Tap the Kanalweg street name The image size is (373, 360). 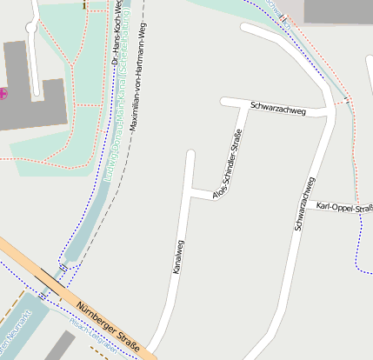[179, 258]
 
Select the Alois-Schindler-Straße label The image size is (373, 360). [229, 163]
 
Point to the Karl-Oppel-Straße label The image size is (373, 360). [344, 207]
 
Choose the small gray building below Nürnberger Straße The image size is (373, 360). [60, 345]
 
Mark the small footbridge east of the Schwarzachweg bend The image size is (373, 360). [347, 102]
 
